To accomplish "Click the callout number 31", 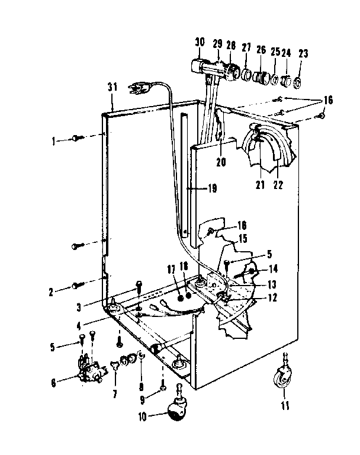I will (112, 87).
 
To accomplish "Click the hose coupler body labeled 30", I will (198, 64).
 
